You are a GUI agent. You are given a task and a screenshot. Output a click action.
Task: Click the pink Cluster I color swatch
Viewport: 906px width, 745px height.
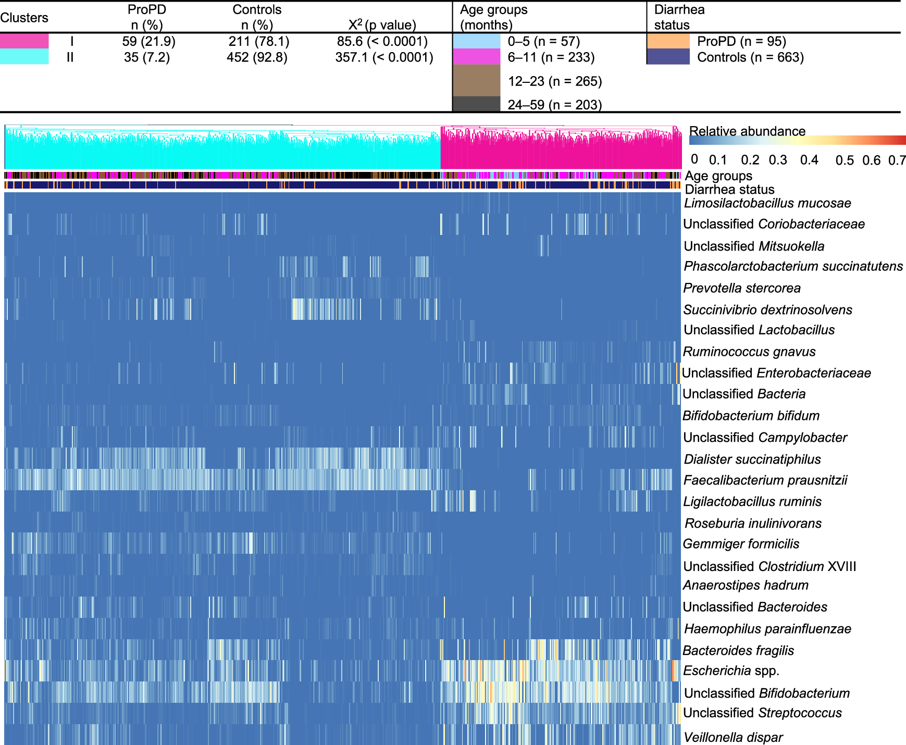pos(24,41)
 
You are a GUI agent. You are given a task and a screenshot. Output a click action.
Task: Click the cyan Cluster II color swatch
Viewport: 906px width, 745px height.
pos(24,57)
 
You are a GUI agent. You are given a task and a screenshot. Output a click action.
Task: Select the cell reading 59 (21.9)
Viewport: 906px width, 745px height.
pos(148,42)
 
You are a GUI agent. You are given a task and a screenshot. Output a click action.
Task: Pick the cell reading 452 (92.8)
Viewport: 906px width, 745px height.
pos(257,57)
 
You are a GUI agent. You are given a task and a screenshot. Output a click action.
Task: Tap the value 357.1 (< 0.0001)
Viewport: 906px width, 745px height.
pos(384,57)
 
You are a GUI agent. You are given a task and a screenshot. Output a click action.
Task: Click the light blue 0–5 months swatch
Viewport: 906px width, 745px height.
pos(476,41)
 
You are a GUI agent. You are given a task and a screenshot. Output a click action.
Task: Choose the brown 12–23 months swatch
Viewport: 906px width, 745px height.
pos(476,81)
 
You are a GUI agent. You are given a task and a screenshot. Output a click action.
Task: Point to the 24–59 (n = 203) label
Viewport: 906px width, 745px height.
pos(554,105)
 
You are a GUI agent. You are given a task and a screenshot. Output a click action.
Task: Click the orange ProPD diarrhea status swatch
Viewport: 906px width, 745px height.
pos(668,41)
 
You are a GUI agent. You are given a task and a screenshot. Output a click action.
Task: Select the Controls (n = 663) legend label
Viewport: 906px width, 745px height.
pos(750,57)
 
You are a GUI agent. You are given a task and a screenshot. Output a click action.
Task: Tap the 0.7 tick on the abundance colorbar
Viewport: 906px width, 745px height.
pos(897,160)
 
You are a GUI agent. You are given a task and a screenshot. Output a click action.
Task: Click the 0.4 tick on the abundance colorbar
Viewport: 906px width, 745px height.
pos(809,160)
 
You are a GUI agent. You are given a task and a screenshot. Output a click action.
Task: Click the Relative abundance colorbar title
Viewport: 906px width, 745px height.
pos(747,131)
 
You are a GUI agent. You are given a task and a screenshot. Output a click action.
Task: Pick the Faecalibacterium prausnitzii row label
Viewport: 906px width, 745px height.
pos(765,480)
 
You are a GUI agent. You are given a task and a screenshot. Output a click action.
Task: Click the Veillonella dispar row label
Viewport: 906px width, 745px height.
pos(733,737)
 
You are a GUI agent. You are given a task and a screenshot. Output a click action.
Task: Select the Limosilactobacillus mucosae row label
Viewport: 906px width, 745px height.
pos(767,203)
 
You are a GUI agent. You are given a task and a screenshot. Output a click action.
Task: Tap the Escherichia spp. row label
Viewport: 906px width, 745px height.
pos(731,671)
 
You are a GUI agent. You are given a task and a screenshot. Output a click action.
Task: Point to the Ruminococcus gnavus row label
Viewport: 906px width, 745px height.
pos(749,352)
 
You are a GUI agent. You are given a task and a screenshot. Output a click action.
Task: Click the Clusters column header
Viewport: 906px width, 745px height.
pos(24,18)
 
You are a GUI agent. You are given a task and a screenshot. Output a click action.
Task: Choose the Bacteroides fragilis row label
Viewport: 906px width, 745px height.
pos(738,651)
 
